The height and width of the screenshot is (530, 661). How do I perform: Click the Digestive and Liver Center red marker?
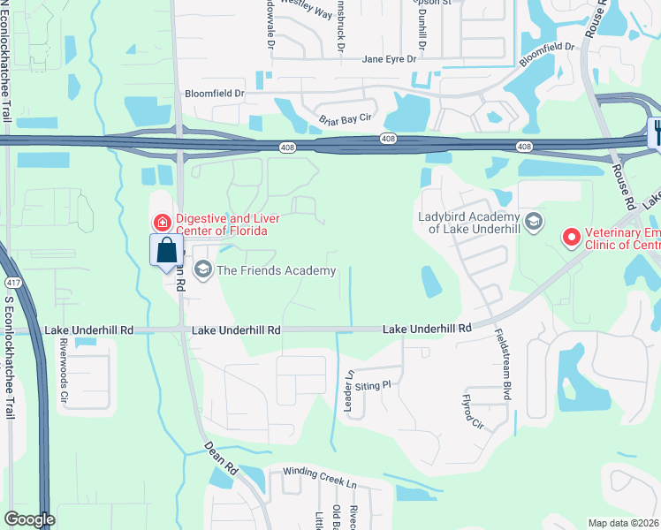coord(162,223)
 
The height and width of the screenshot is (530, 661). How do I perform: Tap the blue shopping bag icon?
coord(166,251)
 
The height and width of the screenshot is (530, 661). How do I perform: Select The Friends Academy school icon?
coord(202,269)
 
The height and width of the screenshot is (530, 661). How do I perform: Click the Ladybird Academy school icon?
coord(532,221)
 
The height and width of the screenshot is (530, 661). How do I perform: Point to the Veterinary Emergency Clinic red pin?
coord(571,237)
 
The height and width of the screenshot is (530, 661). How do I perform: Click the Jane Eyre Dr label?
coord(394,59)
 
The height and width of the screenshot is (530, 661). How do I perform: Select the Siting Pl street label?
coord(373,385)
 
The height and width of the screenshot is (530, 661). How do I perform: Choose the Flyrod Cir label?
coord(473,413)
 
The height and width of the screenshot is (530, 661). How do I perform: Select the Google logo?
coord(29,519)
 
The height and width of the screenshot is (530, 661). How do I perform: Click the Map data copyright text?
coord(624,522)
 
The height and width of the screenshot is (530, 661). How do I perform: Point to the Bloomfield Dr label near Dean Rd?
coord(213,93)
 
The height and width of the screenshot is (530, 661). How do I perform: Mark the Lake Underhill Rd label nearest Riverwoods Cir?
coord(88,329)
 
